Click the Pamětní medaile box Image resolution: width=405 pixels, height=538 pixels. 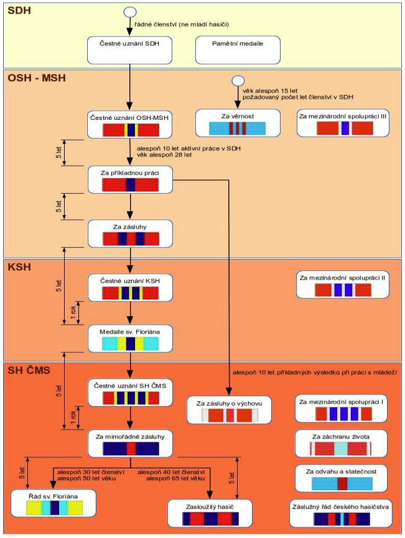click(238, 50)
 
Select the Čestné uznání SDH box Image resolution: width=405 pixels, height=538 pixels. click(129, 50)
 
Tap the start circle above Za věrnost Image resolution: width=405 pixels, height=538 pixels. click(238, 81)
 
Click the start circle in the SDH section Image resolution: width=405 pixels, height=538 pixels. click(130, 12)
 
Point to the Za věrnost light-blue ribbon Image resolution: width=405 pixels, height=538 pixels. click(238, 129)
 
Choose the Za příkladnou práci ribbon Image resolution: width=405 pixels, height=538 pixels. click(130, 185)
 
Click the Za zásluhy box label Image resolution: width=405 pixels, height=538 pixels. click(130, 227)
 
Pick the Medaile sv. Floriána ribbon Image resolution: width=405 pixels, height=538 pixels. click(130, 344)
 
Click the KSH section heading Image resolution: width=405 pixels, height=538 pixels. click(19, 267)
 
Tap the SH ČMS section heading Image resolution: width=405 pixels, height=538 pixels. click(29, 370)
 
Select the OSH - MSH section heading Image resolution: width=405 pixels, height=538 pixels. click(37, 78)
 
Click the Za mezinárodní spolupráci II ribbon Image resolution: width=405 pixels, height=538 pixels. click(343, 290)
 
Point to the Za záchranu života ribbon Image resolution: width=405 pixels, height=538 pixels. click(340, 449)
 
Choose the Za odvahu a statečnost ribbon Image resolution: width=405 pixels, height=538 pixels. click(342, 483)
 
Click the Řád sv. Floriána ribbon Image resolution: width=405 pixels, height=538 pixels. click(54, 508)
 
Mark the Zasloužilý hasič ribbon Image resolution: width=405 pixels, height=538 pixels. click(210, 519)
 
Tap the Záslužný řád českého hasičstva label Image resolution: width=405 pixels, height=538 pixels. click(340, 507)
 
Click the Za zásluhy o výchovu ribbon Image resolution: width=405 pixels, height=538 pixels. click(230, 416)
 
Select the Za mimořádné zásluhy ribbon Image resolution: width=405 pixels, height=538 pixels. click(131, 449)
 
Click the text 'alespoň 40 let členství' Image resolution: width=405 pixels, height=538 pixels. click(171, 472)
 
